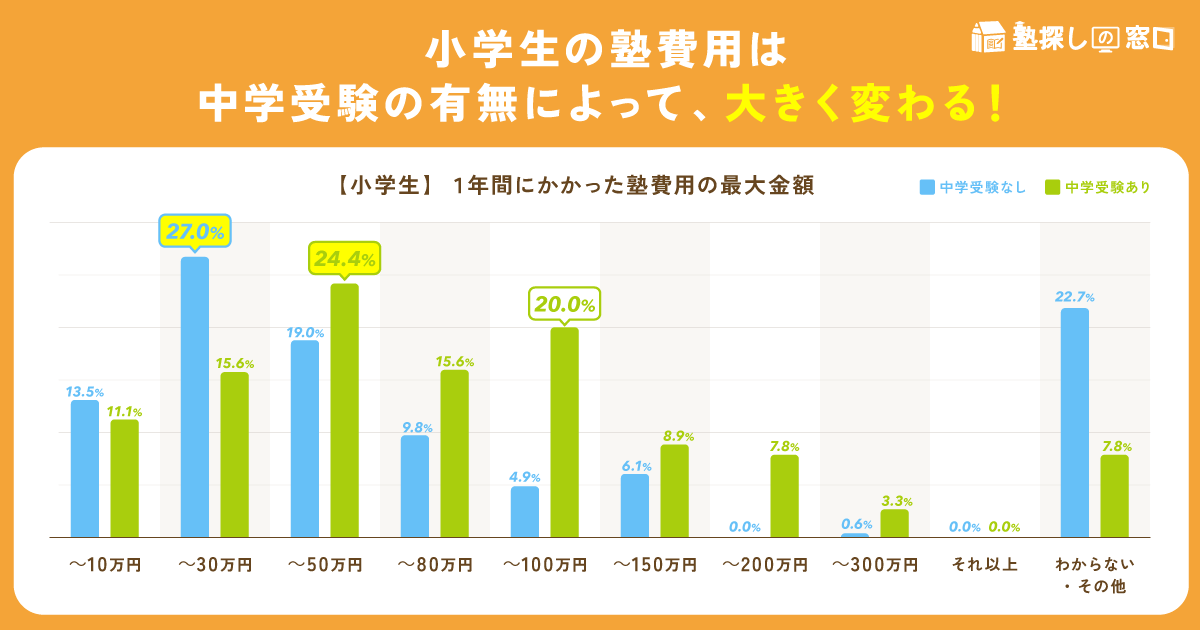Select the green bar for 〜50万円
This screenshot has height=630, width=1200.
[344, 410]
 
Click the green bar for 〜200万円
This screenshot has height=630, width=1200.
[784, 496]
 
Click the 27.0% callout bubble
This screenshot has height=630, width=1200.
[195, 231]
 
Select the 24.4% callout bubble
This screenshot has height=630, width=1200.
[344, 259]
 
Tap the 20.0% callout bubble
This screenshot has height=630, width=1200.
[564, 303]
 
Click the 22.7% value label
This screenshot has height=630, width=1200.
[1074, 297]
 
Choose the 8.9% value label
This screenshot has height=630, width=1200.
[675, 436]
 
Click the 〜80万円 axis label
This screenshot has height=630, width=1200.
[435, 565]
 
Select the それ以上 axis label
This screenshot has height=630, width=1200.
[984, 565]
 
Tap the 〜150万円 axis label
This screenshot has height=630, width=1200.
[655, 565]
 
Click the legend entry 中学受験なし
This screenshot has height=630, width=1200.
[973, 187]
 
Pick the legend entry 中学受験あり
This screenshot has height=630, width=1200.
[1097, 187]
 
